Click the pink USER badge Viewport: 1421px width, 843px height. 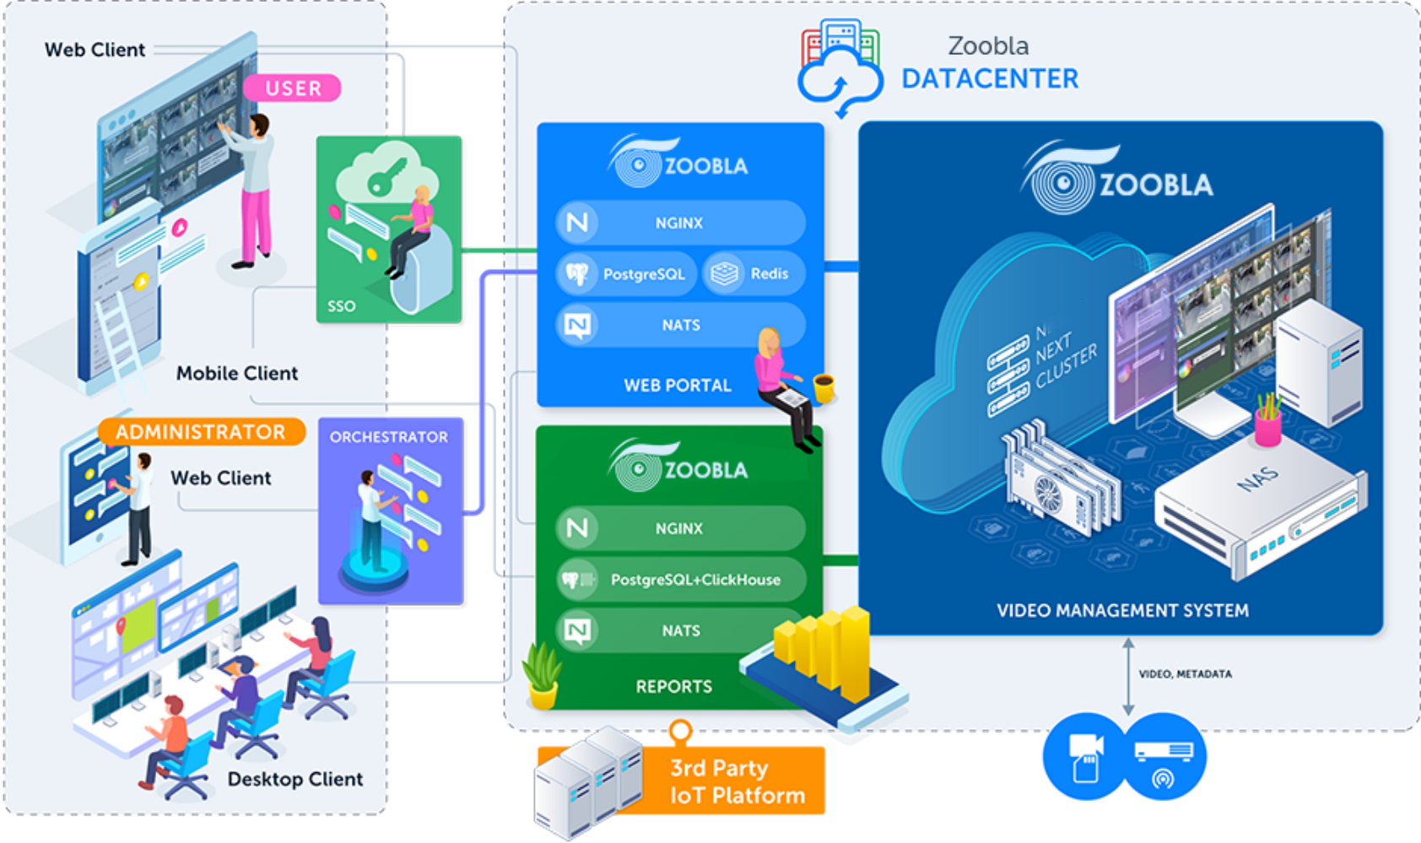[292, 88]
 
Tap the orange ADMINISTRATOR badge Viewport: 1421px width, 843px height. [201, 432]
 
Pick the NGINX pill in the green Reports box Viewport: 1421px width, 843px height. [680, 528]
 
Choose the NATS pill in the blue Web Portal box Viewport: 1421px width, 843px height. [680, 325]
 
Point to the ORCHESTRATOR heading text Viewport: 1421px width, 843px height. [389, 437]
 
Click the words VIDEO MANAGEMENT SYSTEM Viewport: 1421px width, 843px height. [1122, 610]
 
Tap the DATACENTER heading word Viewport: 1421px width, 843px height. [990, 79]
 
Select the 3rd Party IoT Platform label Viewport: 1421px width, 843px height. [737, 781]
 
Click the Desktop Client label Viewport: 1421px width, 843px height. [295, 779]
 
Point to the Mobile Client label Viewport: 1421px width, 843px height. [237, 373]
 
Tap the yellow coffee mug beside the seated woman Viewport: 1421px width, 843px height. [824, 387]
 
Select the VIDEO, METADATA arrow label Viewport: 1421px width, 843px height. [1185, 674]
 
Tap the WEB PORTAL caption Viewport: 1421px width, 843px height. [678, 386]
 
